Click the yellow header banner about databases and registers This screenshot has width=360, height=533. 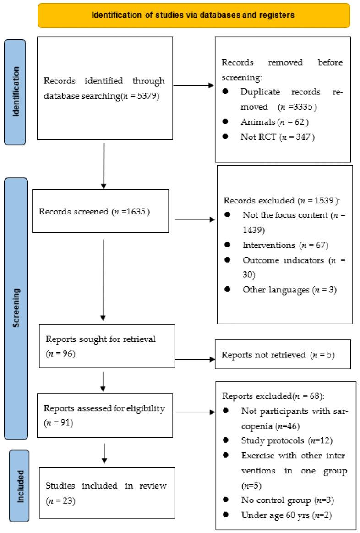click(x=193, y=15)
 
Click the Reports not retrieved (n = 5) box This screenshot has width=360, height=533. click(x=283, y=354)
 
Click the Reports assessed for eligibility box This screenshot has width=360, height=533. click(x=105, y=415)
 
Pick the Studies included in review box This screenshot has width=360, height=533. click(x=107, y=493)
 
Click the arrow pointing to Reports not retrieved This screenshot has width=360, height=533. click(x=195, y=360)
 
